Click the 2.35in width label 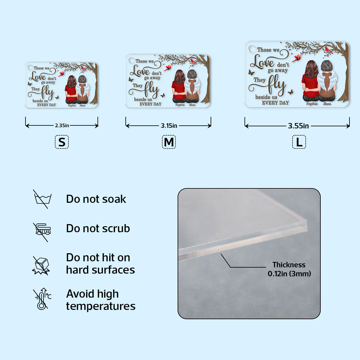[62, 125]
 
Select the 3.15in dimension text [169, 126]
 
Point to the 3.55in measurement [298, 126]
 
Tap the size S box [62, 142]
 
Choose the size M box [169, 142]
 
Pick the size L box [299, 142]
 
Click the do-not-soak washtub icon [42, 199]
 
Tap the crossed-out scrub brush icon [42, 232]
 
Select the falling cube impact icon [41, 266]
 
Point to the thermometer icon [42, 299]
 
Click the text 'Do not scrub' [98, 228]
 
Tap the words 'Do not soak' [96, 199]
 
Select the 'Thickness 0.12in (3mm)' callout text [289, 269]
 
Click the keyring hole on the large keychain [252, 49]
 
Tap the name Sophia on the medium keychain [180, 105]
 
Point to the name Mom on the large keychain [327, 104]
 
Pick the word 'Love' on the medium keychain [140, 71]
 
